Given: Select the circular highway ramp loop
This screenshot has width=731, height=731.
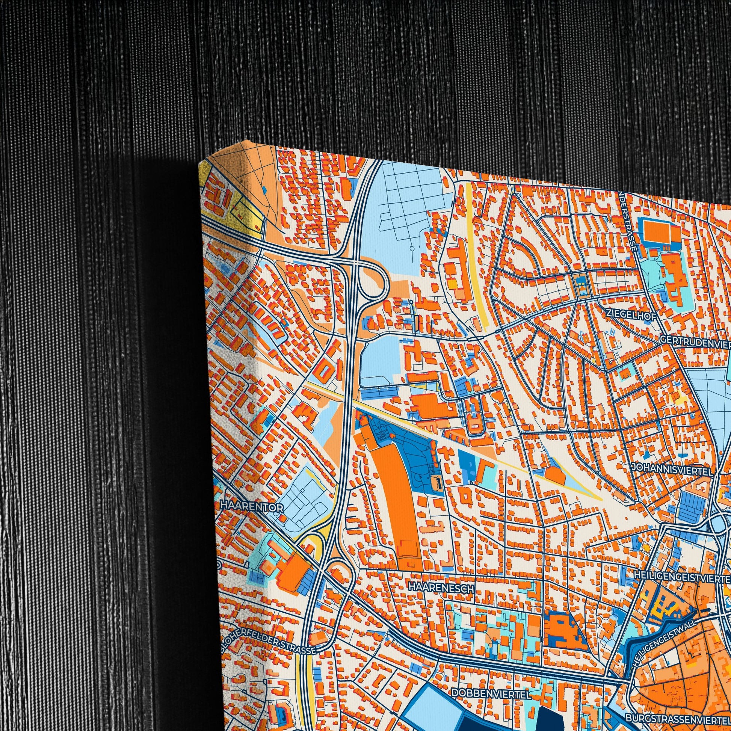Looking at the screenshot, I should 373,282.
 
